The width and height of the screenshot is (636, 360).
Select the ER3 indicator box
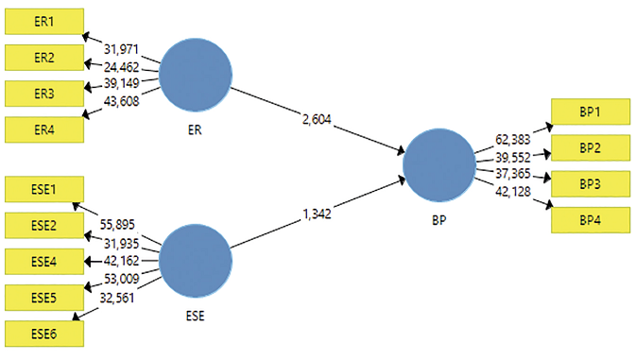(44, 94)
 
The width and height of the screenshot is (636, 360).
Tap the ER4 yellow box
(44, 129)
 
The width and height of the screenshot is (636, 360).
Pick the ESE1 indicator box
(44, 189)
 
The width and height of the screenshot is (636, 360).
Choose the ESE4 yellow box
(44, 261)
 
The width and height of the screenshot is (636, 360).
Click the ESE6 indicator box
(44, 333)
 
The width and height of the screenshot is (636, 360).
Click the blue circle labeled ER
(196, 75)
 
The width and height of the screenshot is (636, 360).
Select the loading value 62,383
(514, 139)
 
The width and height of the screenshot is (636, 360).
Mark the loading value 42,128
(514, 192)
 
